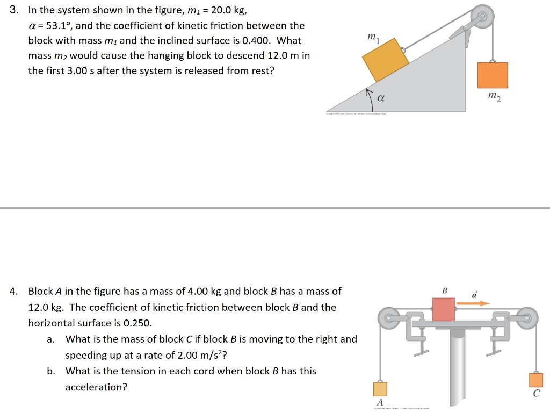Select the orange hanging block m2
[493, 75]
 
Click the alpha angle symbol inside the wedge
[381, 98]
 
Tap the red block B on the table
[444, 309]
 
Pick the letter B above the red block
[444, 291]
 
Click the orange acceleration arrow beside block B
[473, 303]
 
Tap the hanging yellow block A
[380, 388]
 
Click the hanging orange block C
[535, 380]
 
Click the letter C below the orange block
[536, 394]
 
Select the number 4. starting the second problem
[14, 291]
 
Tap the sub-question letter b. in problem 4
[50, 371]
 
